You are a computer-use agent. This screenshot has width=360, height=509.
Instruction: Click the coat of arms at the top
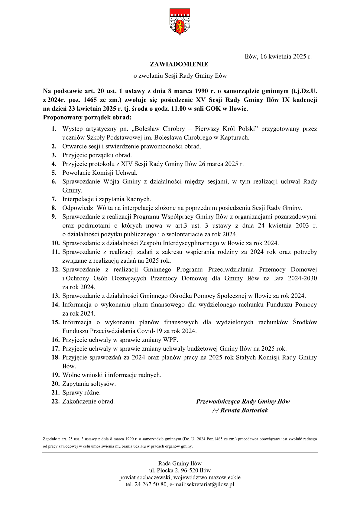click(x=180, y=22)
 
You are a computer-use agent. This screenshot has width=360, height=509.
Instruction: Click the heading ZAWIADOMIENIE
click(x=179, y=64)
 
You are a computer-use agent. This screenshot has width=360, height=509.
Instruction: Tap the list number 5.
click(x=54, y=173)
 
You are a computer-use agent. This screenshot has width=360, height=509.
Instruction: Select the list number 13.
click(x=55, y=296)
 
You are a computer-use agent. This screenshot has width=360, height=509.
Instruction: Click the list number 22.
click(x=55, y=401)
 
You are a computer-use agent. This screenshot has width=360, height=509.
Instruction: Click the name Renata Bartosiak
click(x=244, y=410)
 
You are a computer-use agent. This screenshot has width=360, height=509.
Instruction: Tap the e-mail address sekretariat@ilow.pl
click(x=210, y=485)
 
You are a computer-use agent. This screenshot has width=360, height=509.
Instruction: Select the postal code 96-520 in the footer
click(x=190, y=471)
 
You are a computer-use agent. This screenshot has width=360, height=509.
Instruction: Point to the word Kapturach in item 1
click(x=236, y=138)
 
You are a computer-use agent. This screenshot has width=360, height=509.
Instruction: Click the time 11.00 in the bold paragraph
click(x=178, y=109)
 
